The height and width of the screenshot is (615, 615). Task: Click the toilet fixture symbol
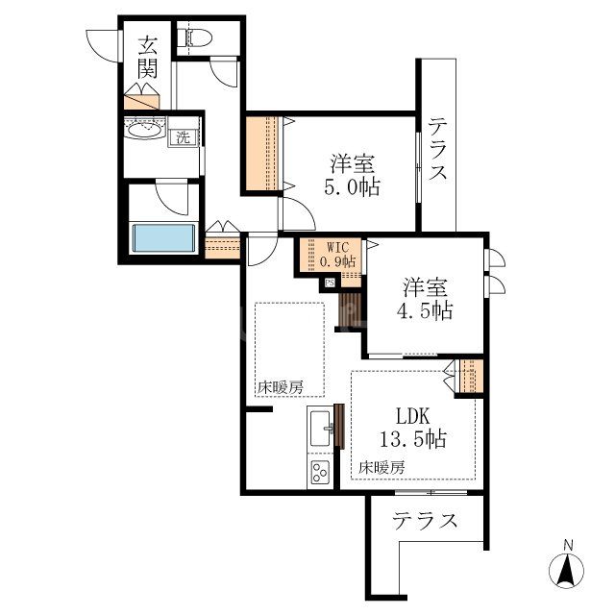[195, 38]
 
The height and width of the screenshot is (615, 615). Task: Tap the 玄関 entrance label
[147, 58]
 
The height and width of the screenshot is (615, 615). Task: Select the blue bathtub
[164, 238]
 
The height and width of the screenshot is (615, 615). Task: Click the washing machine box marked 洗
[184, 137]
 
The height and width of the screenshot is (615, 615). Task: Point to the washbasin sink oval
[144, 130]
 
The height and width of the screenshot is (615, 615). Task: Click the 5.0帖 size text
[352, 188]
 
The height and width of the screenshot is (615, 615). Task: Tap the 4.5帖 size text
[425, 310]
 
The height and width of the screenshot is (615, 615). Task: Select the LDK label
[413, 416]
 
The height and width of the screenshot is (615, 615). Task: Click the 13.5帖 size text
[413, 439]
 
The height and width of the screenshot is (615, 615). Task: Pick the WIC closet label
[337, 248]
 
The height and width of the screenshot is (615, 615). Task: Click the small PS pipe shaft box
[330, 283]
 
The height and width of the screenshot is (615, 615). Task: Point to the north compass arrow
[566, 571]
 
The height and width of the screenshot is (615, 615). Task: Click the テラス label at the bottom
[425, 521]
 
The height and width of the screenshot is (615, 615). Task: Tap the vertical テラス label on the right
[437, 149]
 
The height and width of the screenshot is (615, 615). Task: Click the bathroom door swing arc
[169, 199]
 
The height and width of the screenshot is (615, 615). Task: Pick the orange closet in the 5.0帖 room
[262, 154]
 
